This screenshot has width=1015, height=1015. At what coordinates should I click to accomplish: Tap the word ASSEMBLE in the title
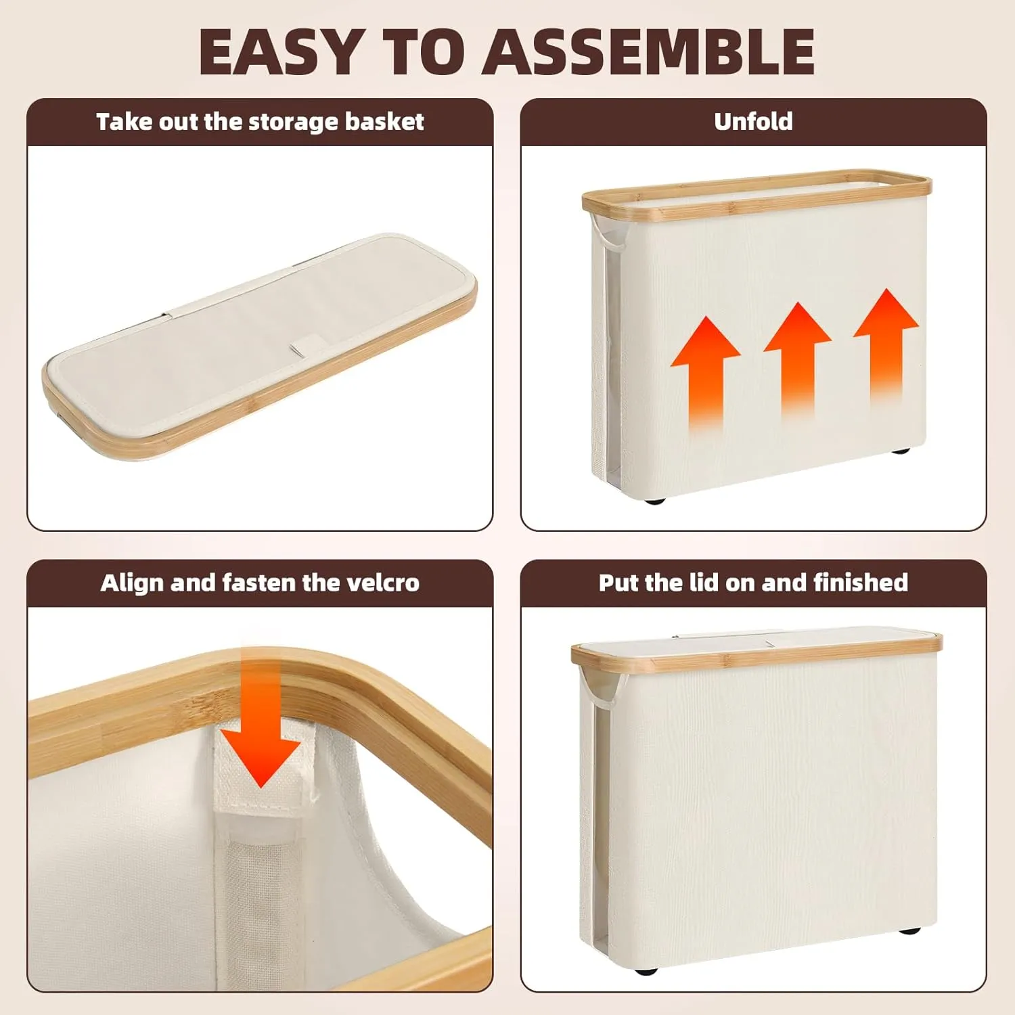coord(648,52)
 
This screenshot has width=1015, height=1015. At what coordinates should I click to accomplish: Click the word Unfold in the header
coord(753,121)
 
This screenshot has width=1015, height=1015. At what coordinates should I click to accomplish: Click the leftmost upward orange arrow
coord(705,376)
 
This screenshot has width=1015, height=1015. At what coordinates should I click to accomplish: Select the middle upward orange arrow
coord(797,362)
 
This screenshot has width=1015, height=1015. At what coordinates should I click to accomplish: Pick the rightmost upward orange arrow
coord(886,348)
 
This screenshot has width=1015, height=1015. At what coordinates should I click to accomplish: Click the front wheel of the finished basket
coord(646,972)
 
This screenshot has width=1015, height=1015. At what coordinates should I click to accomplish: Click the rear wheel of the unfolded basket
coord(899,450)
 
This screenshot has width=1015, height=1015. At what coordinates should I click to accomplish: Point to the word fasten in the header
coord(260,583)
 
